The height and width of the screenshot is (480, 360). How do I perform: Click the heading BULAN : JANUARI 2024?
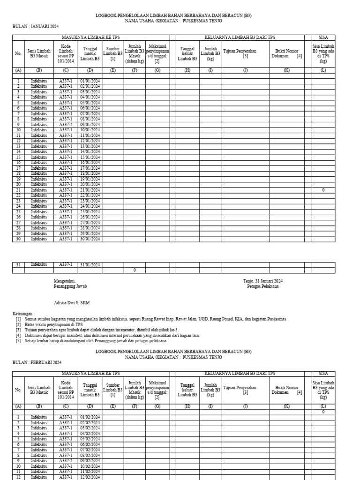pos(36,27)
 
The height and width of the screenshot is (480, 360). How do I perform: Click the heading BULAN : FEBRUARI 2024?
pos(37,363)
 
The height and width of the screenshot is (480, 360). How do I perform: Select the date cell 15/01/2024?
pos(90,157)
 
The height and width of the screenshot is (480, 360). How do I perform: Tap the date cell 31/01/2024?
pos(90,264)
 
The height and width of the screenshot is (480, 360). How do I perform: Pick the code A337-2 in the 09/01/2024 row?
pos(66,125)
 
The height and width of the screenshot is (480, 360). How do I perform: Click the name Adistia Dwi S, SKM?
pos(72,303)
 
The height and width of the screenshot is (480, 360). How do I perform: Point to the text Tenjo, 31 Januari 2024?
pos(262,281)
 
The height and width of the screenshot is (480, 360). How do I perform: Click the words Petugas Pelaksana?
pos(262,286)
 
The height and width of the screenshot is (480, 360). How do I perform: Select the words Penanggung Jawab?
pos(70,286)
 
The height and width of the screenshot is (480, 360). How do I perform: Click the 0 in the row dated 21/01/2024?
pos(323,190)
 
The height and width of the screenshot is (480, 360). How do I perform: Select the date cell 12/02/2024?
pos(90,477)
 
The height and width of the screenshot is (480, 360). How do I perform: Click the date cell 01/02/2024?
pos(90,417)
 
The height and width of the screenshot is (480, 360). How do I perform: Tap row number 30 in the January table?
pos(18,239)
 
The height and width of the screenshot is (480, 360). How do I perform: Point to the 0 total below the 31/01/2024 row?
pos(134,270)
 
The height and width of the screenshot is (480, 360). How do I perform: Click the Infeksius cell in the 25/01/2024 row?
pos(39,211)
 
